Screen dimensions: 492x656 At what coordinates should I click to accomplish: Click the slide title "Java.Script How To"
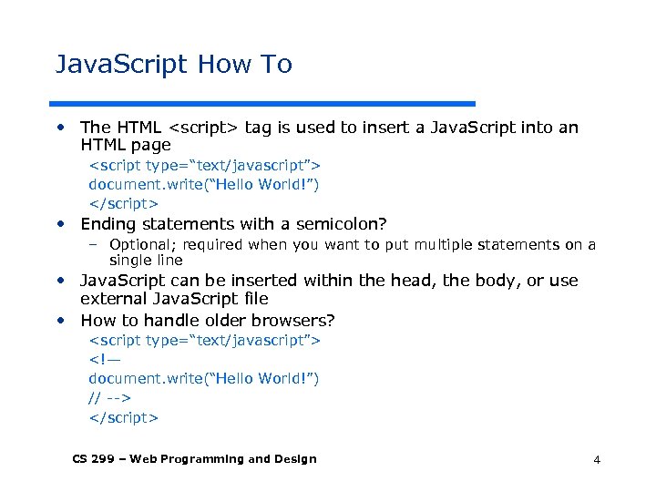pos(174,65)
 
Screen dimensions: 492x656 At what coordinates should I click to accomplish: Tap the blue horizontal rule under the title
pos(264,103)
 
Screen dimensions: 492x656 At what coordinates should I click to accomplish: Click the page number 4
pos(597,460)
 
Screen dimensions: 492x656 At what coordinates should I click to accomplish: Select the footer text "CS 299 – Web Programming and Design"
pos(194,459)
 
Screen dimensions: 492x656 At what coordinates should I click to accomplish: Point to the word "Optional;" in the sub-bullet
pos(141,244)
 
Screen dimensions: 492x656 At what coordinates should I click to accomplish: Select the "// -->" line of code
pos(109,397)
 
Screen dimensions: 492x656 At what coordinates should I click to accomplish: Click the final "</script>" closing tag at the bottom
pos(123,417)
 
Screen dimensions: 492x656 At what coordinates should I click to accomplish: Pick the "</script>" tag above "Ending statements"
pos(123,203)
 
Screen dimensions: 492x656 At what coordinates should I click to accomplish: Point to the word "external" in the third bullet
pos(111,299)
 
